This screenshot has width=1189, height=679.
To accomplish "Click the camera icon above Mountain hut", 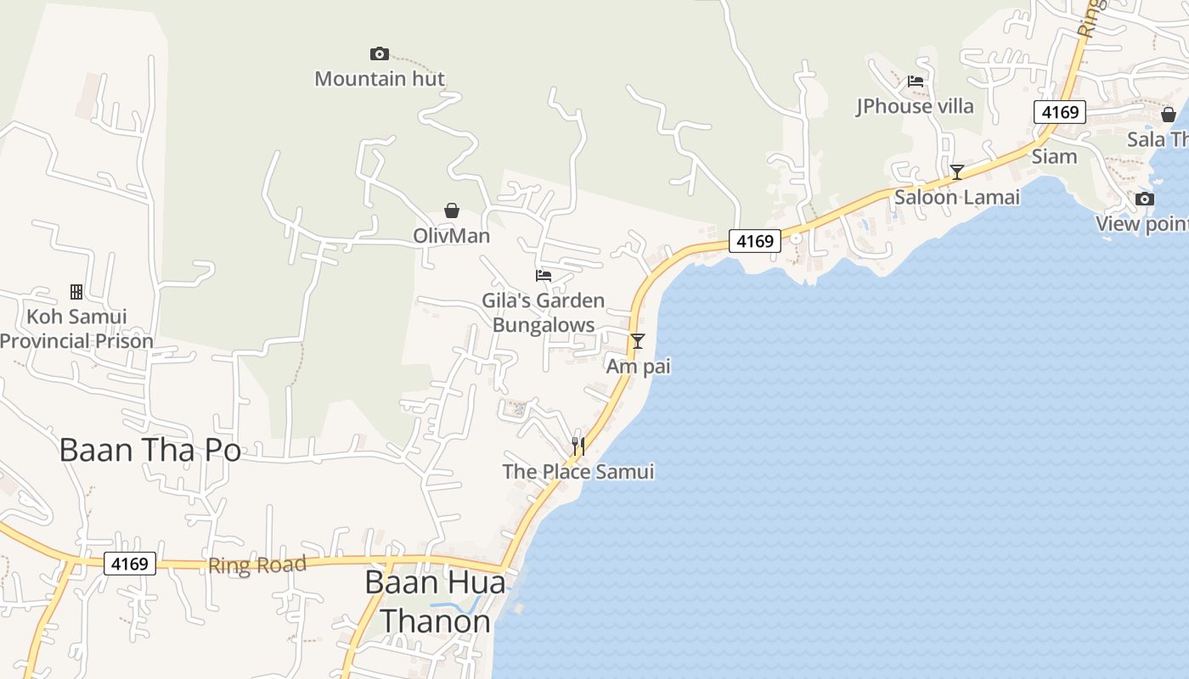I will pyautogui.click(x=380, y=54).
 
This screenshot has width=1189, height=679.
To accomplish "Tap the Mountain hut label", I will pyautogui.click(x=380, y=79).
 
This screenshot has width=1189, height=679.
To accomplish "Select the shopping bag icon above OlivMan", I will pyautogui.click(x=452, y=210).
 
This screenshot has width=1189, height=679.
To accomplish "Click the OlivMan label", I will pyautogui.click(x=452, y=235).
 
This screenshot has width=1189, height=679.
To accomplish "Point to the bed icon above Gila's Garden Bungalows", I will pyautogui.click(x=544, y=275).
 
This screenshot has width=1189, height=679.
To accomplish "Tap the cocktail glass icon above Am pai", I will pyautogui.click(x=638, y=341).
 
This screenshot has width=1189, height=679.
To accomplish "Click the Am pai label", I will pyautogui.click(x=638, y=366).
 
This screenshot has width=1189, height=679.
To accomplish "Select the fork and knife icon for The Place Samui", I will pyautogui.click(x=578, y=446).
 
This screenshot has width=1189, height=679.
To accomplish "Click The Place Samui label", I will pyautogui.click(x=578, y=471).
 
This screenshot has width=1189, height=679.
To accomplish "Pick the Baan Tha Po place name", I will pyautogui.click(x=150, y=450).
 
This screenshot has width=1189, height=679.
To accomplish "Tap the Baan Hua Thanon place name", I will pyautogui.click(x=435, y=602).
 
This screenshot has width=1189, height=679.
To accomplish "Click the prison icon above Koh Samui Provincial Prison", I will pyautogui.click(x=76, y=292).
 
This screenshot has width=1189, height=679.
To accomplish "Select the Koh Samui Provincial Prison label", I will pyautogui.click(x=76, y=328).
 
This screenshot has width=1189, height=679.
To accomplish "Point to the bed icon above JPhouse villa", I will pyautogui.click(x=915, y=81).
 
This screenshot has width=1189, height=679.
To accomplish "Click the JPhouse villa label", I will pyautogui.click(x=915, y=106).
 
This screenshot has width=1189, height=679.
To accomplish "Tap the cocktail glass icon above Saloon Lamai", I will pyautogui.click(x=957, y=172).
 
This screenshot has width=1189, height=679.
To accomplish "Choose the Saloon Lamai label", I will pyautogui.click(x=957, y=197).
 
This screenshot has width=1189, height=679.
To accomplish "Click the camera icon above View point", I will pyautogui.click(x=1145, y=199).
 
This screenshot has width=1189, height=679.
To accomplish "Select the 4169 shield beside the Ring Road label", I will pyautogui.click(x=130, y=563).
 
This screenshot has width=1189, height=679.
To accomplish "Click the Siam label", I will pyautogui.click(x=1054, y=156).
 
